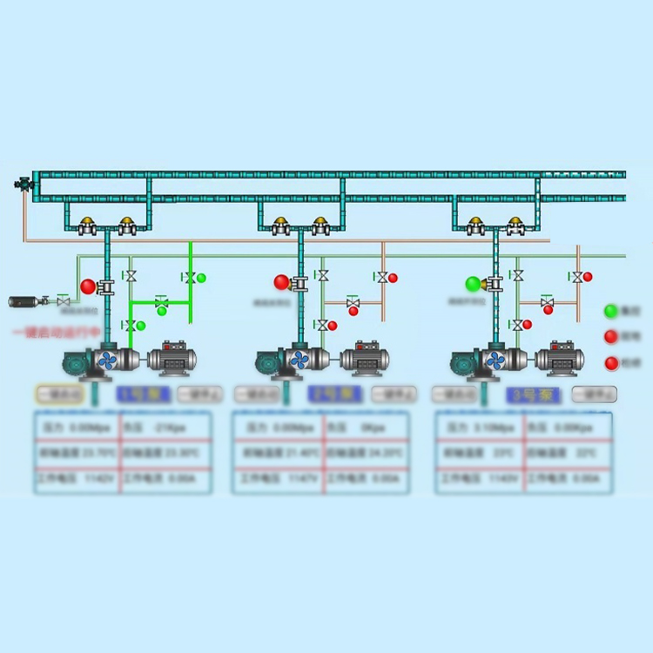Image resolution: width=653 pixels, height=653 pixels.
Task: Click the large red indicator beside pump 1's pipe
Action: (x=88, y=286)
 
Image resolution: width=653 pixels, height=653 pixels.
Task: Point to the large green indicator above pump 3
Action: (x=474, y=284)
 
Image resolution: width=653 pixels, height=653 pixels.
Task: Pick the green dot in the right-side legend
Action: (x=611, y=310)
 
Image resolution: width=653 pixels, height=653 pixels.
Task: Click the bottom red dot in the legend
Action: (x=611, y=363)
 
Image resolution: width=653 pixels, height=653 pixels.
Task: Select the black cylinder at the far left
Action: (x=24, y=302)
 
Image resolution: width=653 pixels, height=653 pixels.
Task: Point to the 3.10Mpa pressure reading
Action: (x=479, y=428)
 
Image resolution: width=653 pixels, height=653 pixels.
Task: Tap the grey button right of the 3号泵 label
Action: (x=595, y=394)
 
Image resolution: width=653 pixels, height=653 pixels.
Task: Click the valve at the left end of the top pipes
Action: (x=23, y=184)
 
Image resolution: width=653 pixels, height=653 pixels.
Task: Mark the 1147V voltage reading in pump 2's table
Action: (x=277, y=479)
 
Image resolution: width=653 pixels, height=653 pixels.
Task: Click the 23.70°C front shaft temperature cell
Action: (x=77, y=454)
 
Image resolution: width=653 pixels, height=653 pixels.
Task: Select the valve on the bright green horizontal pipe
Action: (x=161, y=303)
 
